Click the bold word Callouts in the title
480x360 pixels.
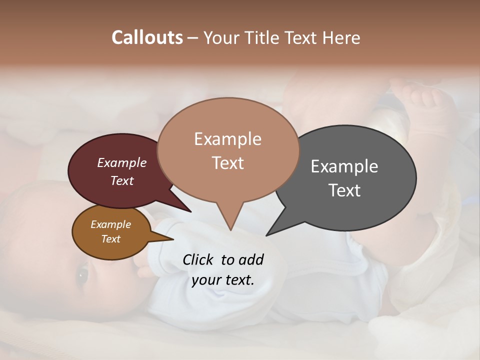pyautogui.click(x=147, y=37)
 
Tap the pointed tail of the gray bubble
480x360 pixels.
pyautogui.click(x=268, y=234)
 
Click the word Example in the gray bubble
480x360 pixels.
pyautogui.click(x=344, y=166)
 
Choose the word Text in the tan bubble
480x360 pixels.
pyautogui.click(x=227, y=163)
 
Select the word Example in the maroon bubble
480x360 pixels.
pyautogui.click(x=122, y=163)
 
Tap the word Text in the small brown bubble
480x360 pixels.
pyautogui.click(x=110, y=239)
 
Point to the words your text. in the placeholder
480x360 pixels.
pyautogui.click(x=223, y=279)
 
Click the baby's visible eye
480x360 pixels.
pyautogui.click(x=82, y=274)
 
